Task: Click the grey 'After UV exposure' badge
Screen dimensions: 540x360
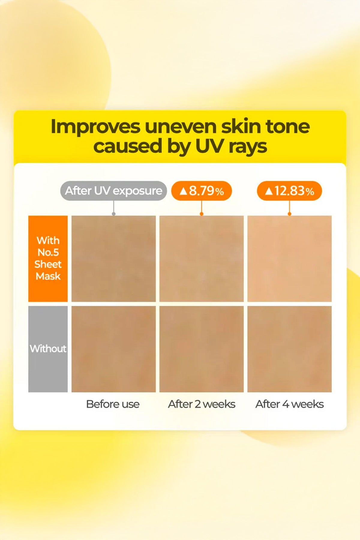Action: pyautogui.click(x=113, y=191)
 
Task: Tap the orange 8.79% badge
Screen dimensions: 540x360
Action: pyautogui.click(x=202, y=191)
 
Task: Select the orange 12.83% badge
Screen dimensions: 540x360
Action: pyautogui.click(x=289, y=191)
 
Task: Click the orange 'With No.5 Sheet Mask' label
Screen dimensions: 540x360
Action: pyautogui.click(x=48, y=258)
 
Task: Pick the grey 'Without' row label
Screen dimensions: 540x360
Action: pyautogui.click(x=48, y=349)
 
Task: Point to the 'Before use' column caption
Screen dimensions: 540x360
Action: pyautogui.click(x=113, y=404)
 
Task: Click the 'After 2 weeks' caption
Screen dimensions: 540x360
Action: pyautogui.click(x=202, y=404)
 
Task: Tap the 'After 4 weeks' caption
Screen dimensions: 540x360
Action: pyautogui.click(x=289, y=404)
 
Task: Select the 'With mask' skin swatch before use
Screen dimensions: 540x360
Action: pyautogui.click(x=113, y=258)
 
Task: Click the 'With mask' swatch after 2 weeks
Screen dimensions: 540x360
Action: pyautogui.click(x=202, y=258)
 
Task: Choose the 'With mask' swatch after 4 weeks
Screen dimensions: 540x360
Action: pyautogui.click(x=289, y=258)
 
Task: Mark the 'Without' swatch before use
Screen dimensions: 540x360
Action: pyautogui.click(x=113, y=349)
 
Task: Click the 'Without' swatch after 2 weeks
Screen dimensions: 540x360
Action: pyautogui.click(x=202, y=349)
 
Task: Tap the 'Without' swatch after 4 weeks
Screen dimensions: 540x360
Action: pyautogui.click(x=289, y=349)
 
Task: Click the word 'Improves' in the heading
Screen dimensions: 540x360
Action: pyautogui.click(x=95, y=127)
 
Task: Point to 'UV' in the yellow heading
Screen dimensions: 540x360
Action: pyautogui.click(x=209, y=146)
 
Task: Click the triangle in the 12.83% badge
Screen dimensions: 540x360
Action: pyautogui.click(x=269, y=191)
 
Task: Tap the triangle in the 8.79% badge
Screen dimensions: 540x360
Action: pyautogui.click(x=183, y=191)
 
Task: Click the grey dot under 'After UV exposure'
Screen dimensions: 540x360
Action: pyautogui.click(x=114, y=214)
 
